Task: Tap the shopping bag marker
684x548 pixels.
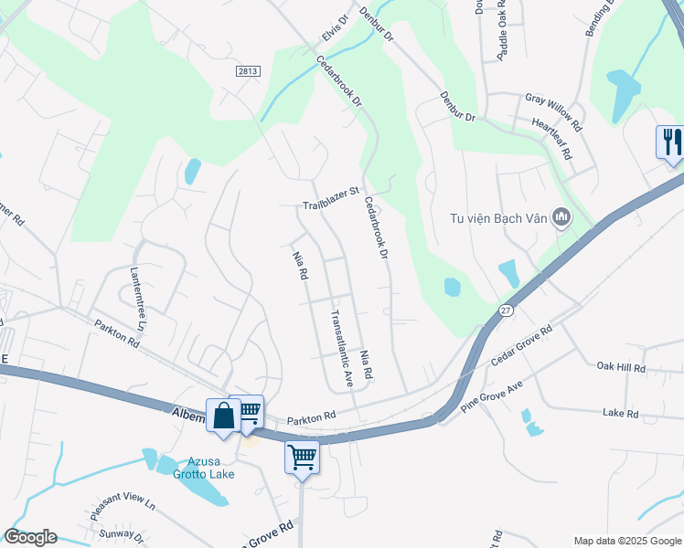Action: [x=223, y=416]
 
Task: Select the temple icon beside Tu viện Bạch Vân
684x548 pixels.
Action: [x=561, y=217]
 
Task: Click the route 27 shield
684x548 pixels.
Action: [x=506, y=311]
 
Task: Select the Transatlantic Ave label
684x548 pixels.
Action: [x=340, y=347]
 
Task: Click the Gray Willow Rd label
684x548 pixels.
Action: [x=553, y=98]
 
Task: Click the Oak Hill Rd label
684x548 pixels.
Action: [x=621, y=368]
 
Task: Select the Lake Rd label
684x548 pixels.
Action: [x=620, y=413]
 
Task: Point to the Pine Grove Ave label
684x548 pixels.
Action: [x=490, y=399]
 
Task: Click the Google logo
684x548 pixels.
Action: [x=30, y=537]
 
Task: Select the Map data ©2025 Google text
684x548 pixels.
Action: [x=626, y=541]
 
